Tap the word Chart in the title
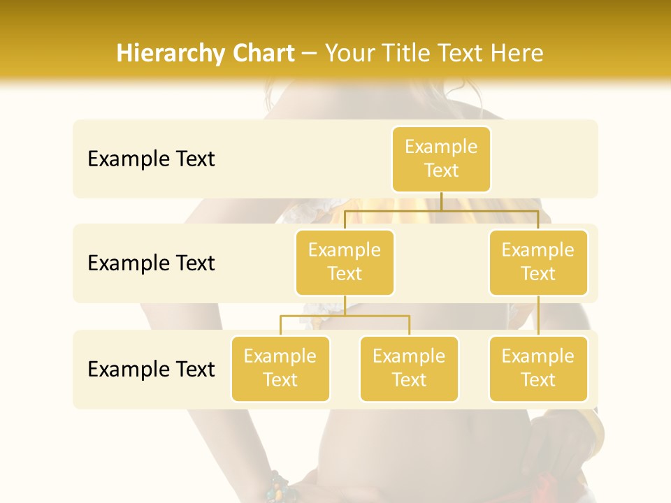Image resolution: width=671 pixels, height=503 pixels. point(261,53)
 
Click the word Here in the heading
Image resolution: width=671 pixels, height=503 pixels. point(517,53)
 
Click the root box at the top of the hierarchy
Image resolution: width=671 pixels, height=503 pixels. point(441,159)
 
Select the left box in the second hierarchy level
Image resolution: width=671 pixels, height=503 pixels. point(345,262)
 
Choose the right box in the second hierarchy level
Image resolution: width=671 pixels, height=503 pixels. point(538,262)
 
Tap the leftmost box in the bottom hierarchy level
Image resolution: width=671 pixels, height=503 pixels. point(280,368)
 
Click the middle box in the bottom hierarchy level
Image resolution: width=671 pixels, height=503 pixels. point(409,368)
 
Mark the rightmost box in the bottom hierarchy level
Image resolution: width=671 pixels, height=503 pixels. point(538,368)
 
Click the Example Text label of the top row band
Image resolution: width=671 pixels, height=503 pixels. point(151,159)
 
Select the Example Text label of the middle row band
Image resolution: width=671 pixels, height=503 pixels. point(151,263)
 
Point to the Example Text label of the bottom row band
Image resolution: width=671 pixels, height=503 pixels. point(151,369)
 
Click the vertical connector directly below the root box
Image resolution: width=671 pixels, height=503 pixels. point(441,201)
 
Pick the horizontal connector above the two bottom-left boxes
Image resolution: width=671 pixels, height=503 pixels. point(345,316)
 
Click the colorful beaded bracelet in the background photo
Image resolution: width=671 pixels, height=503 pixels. point(280,487)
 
